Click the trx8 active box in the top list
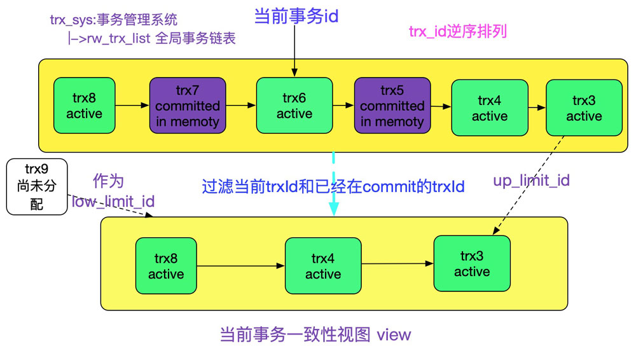coord(84,106)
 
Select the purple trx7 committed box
coord(188,106)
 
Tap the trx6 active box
coord(294,106)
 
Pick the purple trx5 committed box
coord(392,106)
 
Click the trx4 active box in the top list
coord(489,108)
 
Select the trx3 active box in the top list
coord(584,108)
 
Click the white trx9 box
coord(36,186)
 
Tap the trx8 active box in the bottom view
coord(166,266)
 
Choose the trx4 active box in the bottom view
coord(323,266)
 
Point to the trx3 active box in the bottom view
coord(472,263)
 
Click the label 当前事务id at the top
coord(296,17)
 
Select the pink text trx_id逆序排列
coord(458,32)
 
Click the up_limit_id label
coord(531,181)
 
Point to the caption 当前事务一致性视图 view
coord(315,335)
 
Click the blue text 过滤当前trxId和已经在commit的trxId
coord(333,187)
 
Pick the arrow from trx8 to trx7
coord(132,106)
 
